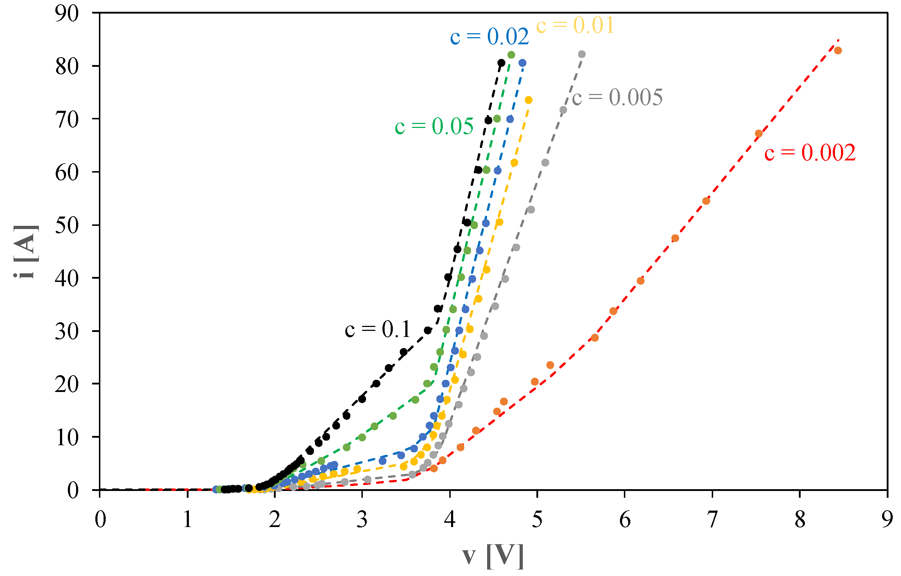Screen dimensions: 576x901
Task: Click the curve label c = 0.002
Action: pyautogui.click(x=810, y=153)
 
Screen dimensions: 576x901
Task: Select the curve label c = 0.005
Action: pyautogui.click(x=617, y=97)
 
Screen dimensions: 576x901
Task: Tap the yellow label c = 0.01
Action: pyautogui.click(x=575, y=25)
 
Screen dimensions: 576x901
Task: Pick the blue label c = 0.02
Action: pyautogui.click(x=489, y=37)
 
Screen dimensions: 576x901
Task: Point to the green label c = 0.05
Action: pyautogui.click(x=434, y=126)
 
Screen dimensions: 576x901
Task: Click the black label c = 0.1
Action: pyautogui.click(x=377, y=330)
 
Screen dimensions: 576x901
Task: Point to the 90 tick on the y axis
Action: pyautogui.click(x=67, y=14)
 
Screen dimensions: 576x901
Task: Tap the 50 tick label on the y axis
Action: pyautogui.click(x=67, y=225)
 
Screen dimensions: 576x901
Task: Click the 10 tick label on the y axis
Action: pyautogui.click(x=67, y=437)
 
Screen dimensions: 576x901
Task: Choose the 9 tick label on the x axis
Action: pyautogui.click(x=887, y=520)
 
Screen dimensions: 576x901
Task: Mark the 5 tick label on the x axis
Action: pyautogui.click(x=537, y=520)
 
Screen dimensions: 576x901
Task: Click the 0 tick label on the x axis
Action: pyautogui.click(x=100, y=520)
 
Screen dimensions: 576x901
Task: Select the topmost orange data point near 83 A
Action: pyautogui.click(x=838, y=50)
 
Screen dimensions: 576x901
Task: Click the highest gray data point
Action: pyautogui.click(x=582, y=54)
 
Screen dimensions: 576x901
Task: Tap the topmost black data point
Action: pyautogui.click(x=502, y=63)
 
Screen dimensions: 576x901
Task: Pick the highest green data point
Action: pyautogui.click(x=511, y=55)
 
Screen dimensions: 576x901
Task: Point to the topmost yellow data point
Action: pyautogui.click(x=529, y=100)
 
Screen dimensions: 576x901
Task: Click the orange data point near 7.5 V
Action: pyautogui.click(x=759, y=134)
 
